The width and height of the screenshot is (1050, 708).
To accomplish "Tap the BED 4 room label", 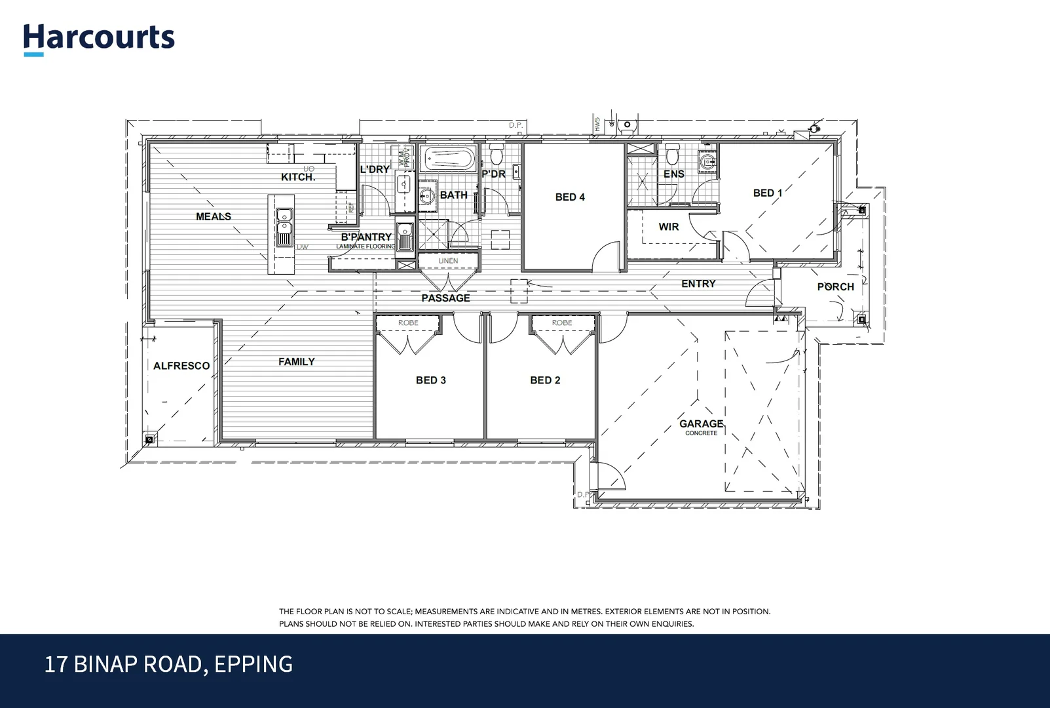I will pyautogui.click(x=570, y=197).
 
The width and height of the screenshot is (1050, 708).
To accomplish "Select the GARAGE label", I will pyautogui.click(x=701, y=423).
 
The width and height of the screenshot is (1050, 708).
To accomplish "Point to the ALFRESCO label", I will pyautogui.click(x=181, y=366).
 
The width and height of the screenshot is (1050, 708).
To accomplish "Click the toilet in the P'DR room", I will pyautogui.click(x=496, y=156).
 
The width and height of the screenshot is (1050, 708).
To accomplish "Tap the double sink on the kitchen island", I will pyautogui.click(x=284, y=227).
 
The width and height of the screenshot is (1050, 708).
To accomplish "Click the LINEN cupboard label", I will pyautogui.click(x=448, y=261).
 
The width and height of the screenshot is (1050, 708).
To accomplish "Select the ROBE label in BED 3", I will pyautogui.click(x=408, y=323).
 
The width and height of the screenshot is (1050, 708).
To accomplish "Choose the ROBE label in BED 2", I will pyautogui.click(x=562, y=323).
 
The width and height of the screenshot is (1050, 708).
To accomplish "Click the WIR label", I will pyautogui.click(x=669, y=227).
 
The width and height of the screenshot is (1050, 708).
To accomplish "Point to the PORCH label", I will pyautogui.click(x=835, y=286).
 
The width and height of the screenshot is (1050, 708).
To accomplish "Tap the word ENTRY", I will pyautogui.click(x=698, y=284).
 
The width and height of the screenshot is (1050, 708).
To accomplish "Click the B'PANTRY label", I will pyautogui.click(x=366, y=237).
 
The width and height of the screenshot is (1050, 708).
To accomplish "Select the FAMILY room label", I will pyautogui.click(x=296, y=361).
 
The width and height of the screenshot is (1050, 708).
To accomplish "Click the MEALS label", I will pyautogui.click(x=214, y=216).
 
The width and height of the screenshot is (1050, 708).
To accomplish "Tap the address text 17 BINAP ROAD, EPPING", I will pyautogui.click(x=168, y=664).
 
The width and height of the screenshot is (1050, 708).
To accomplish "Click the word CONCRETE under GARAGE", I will pyautogui.click(x=701, y=433).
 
